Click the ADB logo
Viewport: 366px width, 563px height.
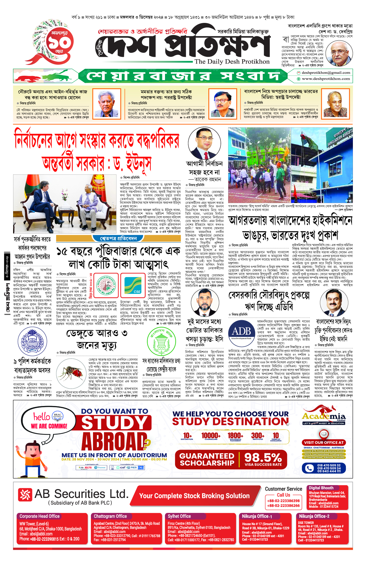click(242, 332)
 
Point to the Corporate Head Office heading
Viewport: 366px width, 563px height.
click(40, 516)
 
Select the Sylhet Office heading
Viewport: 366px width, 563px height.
click(179, 516)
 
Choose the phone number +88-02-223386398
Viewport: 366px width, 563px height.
click(283, 501)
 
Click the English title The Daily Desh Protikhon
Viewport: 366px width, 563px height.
click(232, 62)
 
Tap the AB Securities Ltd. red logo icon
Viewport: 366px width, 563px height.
click(25, 495)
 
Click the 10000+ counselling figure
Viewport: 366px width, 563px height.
click(211, 436)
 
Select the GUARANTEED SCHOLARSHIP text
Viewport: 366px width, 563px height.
click(207, 459)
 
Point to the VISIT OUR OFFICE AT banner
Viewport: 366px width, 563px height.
click(324, 442)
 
